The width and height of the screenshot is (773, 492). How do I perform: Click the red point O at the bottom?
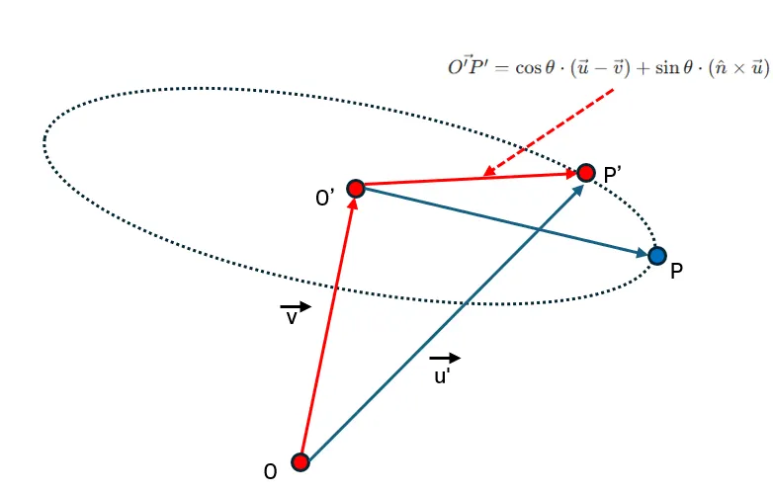[x=301, y=461]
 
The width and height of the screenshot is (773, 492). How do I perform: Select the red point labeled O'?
[x=356, y=187]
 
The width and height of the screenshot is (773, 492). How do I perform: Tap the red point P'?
[x=586, y=173]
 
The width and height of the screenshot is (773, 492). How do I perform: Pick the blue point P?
[x=657, y=257]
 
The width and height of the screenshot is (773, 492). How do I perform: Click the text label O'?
[x=325, y=199]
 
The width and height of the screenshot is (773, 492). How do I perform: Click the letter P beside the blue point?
[x=677, y=270]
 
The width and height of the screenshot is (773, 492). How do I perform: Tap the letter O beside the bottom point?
[x=270, y=473]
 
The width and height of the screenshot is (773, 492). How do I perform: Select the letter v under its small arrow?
[x=293, y=318]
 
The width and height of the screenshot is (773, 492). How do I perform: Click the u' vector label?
[x=443, y=376]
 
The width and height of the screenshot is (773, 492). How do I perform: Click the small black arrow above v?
[x=296, y=306]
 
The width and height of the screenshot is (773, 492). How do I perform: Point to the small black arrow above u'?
[x=445, y=358]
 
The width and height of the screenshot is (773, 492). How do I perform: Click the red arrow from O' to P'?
[x=471, y=180]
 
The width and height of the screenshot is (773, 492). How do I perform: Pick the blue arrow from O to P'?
[x=445, y=316]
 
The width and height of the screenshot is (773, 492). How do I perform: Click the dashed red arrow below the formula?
[x=549, y=132]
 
